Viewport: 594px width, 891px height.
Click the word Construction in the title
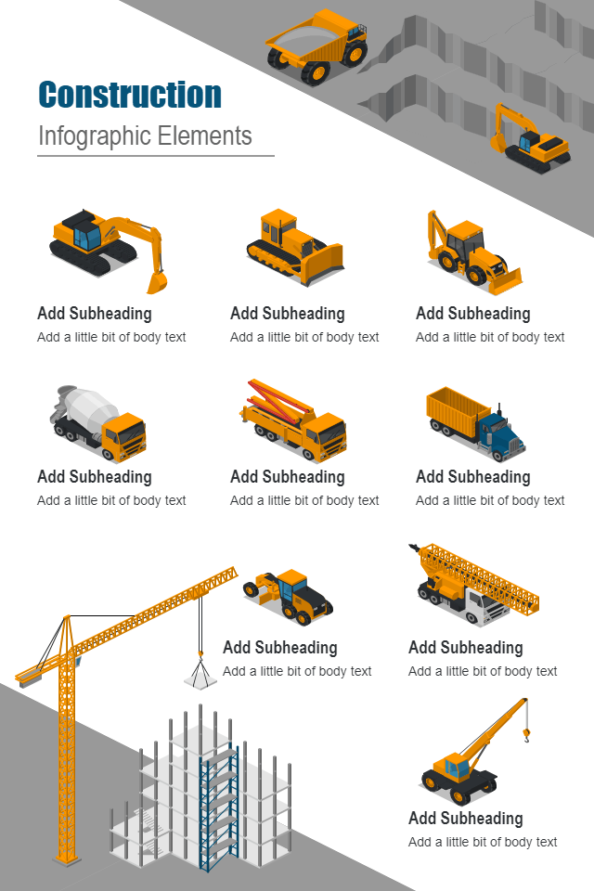pos(130,95)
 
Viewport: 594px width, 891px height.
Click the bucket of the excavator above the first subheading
pos(157,281)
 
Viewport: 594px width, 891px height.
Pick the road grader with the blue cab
pos(289,596)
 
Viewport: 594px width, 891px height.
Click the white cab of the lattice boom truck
pos(484,607)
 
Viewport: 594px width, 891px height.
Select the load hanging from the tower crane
pos(200,677)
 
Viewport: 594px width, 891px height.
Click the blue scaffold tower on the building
pos(219,806)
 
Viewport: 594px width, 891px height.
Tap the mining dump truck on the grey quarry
pos(317,45)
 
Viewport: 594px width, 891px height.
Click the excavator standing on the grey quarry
pos(530,138)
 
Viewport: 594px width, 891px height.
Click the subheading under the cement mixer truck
pos(95,477)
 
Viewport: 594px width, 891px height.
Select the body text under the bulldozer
pos(304,337)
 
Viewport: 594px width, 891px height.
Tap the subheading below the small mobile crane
pos(466,819)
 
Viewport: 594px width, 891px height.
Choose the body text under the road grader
pos(297,671)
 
